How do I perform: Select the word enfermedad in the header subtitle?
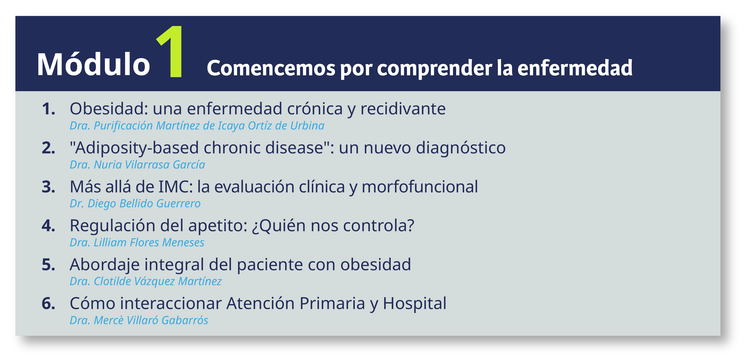coord(575,68)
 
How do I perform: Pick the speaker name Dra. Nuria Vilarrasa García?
coord(137,165)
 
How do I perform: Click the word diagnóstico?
coord(461,148)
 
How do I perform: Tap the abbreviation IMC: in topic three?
coord(176,187)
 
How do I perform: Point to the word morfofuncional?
coord(420,187)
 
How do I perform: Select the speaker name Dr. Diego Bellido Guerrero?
coord(135,203)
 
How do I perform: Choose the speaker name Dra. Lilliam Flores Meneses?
coord(137,242)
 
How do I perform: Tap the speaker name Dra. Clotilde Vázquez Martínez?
coord(146,281)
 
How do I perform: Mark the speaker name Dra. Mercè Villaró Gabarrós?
coord(139,320)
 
